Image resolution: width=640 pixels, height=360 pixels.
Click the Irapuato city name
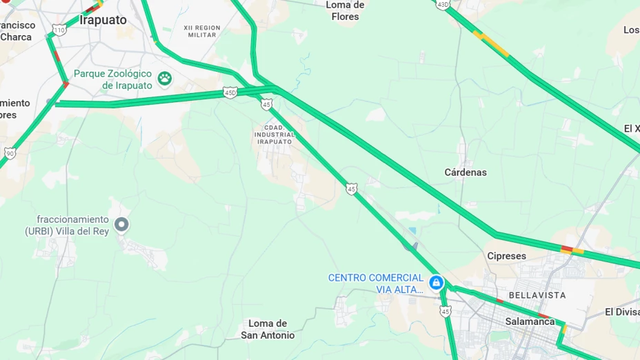pyautogui.click(x=103, y=20)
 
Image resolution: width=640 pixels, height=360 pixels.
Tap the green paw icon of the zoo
pyautogui.click(x=164, y=78)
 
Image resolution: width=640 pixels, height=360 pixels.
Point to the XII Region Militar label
pyautogui.click(x=202, y=31)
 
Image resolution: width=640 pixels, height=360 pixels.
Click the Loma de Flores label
pyautogui.click(x=345, y=10)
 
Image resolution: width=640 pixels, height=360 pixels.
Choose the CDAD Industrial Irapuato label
pyautogui.click(x=274, y=134)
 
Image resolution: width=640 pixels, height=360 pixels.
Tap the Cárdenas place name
pyautogui.click(x=466, y=172)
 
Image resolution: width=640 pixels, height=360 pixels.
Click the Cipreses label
pyautogui.click(x=506, y=256)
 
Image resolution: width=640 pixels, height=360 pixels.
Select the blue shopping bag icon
pyautogui.click(x=436, y=282)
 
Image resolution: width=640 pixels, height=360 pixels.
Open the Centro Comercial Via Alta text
pyautogui.click(x=376, y=283)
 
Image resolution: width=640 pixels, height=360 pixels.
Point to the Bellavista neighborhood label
pyautogui.click(x=537, y=295)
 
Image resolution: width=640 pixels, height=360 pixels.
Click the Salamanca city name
pyautogui.click(x=530, y=321)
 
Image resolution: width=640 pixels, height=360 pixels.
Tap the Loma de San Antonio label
pyautogui.click(x=268, y=329)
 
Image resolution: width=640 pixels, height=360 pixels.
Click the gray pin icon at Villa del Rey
pyautogui.click(x=121, y=224)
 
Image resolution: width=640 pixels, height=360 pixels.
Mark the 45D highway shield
pyautogui.click(x=230, y=92)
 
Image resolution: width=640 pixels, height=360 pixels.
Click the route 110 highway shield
pyautogui.click(x=59, y=30)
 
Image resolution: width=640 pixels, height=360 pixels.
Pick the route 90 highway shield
pyautogui.click(x=10, y=153)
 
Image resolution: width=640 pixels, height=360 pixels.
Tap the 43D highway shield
pyautogui.click(x=443, y=4)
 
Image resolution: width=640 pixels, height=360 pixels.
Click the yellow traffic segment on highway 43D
pyautogui.click(x=493, y=44)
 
